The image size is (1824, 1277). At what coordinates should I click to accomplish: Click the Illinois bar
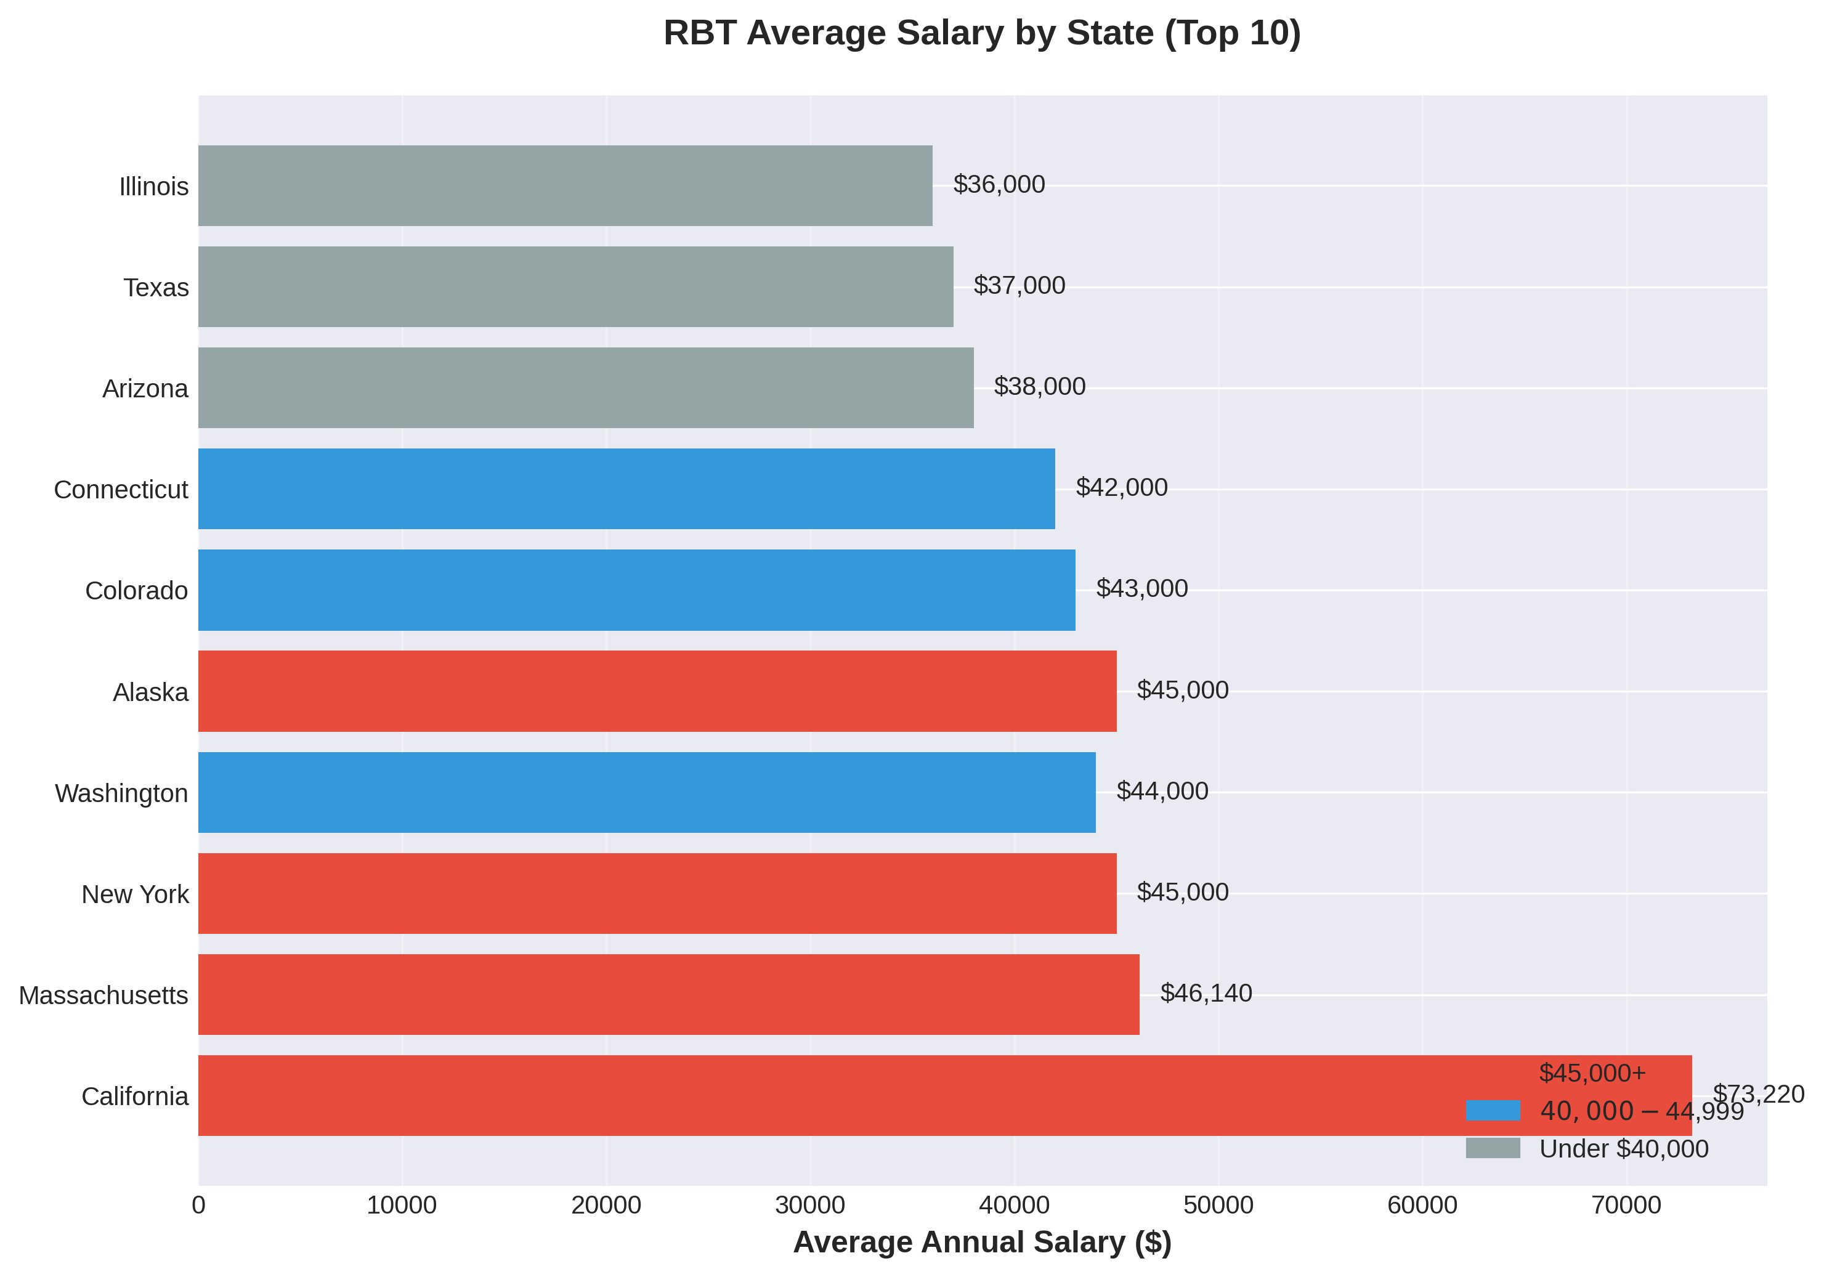[565, 185]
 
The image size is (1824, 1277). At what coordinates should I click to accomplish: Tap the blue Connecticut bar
[626, 489]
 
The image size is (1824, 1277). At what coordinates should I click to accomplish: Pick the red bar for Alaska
[657, 691]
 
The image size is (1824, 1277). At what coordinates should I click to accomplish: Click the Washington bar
[647, 792]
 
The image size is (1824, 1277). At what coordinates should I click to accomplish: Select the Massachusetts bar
[668, 994]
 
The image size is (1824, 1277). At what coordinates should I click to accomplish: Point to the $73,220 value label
[1758, 1094]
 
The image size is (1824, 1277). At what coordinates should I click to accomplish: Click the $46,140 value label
[1205, 992]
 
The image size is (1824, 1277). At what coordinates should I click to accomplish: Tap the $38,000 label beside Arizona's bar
[1039, 386]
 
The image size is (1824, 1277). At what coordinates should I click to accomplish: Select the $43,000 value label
[1141, 588]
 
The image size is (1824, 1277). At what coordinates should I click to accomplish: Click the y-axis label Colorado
[136, 590]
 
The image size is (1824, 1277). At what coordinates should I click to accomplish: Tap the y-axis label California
[135, 1096]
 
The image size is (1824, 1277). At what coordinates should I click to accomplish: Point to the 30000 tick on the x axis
[809, 1205]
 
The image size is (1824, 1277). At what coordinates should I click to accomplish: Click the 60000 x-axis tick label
[1422, 1205]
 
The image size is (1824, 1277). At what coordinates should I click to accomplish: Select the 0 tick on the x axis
[198, 1205]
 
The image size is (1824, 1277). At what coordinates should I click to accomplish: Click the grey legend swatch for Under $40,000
[1492, 1148]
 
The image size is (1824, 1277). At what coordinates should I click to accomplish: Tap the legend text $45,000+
[1592, 1072]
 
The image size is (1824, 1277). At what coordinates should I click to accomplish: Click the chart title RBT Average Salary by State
[982, 33]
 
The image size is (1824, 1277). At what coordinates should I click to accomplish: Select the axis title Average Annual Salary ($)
[982, 1242]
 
